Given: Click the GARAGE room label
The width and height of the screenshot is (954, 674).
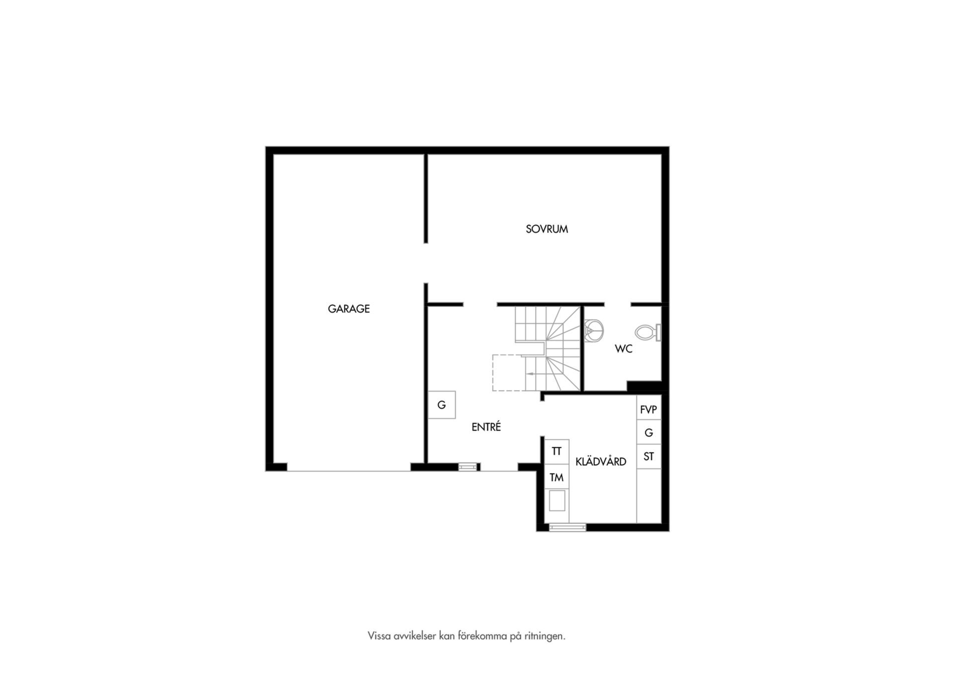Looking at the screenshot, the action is click(x=348, y=309).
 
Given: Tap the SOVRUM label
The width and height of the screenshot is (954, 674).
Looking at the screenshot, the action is click(x=547, y=229).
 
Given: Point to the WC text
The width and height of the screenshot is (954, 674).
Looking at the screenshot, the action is click(x=624, y=349).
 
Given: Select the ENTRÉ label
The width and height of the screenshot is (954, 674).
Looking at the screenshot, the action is click(x=486, y=426).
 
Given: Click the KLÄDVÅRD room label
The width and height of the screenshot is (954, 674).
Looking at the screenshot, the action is click(x=601, y=462).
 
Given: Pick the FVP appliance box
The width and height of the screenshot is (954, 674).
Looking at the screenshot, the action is click(x=649, y=410).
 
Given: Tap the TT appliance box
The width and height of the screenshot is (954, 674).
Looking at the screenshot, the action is click(x=556, y=451).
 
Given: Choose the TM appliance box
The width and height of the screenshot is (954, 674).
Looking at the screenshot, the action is click(x=556, y=477).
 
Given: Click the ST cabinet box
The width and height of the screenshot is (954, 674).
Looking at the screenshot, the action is click(x=649, y=456).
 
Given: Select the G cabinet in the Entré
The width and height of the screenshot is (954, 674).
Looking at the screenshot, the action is click(x=442, y=405).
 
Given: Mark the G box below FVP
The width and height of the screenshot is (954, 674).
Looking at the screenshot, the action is click(x=649, y=432).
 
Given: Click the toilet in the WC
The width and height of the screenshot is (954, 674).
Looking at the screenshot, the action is click(x=648, y=332).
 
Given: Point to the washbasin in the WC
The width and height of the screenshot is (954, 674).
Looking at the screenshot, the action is click(x=593, y=332).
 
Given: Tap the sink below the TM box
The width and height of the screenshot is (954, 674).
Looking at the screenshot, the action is click(x=556, y=500).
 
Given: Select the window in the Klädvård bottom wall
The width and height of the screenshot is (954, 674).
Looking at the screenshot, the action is click(x=567, y=527).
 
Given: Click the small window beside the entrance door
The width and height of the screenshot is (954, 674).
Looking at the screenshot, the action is click(x=468, y=467).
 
